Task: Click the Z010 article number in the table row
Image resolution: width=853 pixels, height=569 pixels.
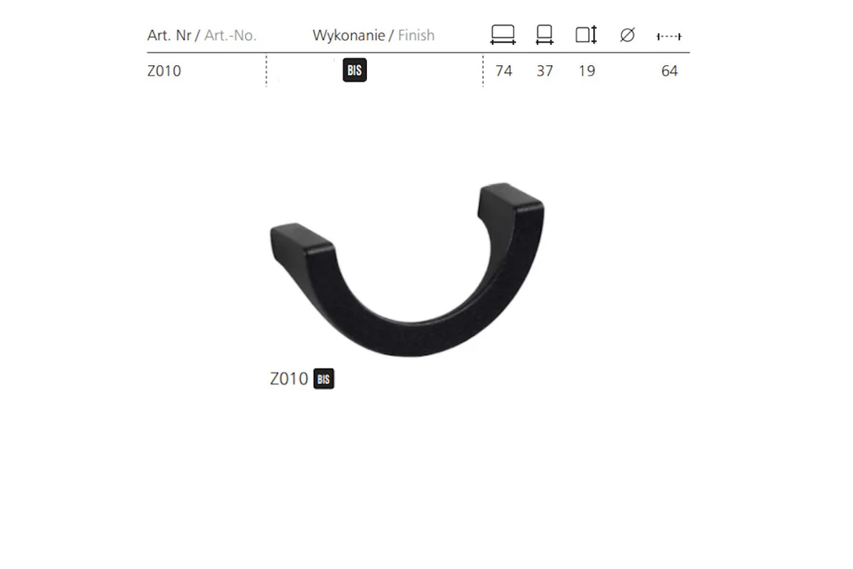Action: (163, 71)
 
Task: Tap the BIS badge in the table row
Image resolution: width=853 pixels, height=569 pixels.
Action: (355, 70)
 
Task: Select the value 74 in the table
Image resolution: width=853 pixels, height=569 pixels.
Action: (503, 71)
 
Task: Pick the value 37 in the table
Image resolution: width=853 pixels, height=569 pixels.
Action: (544, 71)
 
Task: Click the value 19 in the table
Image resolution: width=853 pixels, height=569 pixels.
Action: (587, 71)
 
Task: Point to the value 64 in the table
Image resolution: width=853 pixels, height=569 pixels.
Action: (670, 71)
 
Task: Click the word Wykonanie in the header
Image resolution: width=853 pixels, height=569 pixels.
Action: (349, 35)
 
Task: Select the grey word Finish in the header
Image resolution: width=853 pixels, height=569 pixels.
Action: (416, 35)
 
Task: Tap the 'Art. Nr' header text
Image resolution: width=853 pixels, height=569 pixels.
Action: (169, 35)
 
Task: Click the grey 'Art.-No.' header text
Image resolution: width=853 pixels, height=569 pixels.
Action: (230, 35)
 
